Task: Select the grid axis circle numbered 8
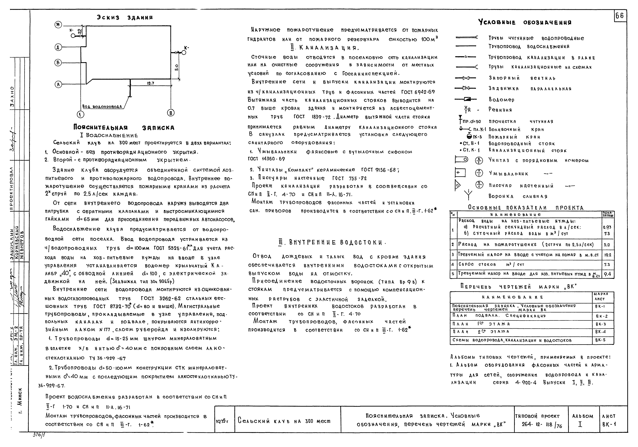tap(171, 113)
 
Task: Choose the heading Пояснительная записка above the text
tap(124, 128)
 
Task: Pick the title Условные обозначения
tap(525, 23)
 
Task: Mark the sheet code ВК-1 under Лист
tap(609, 425)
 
